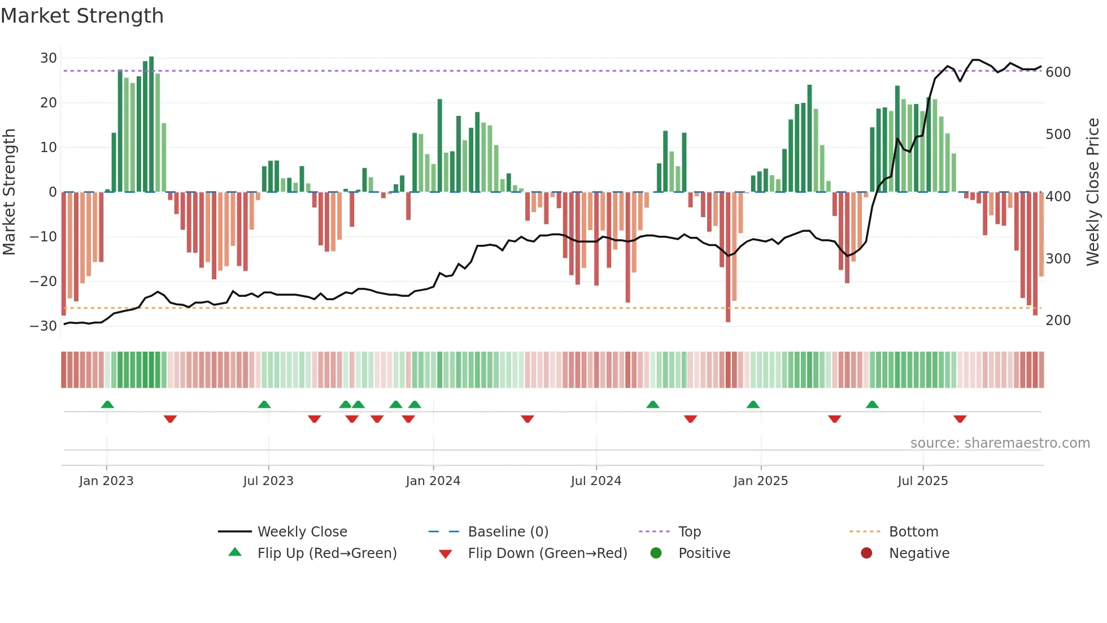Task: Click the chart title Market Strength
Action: tap(82, 16)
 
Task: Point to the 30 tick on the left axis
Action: tap(49, 58)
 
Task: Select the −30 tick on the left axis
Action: tap(43, 326)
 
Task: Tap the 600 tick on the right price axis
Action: tap(1058, 72)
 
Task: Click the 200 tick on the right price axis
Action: tap(1058, 321)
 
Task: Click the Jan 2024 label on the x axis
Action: tap(433, 481)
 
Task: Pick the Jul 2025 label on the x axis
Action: tap(922, 481)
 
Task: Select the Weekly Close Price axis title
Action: tap(1093, 192)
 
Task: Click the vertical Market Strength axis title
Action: tap(9, 192)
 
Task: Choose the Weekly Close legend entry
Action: tap(302, 532)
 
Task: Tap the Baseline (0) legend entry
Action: tap(508, 532)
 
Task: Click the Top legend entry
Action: tap(689, 532)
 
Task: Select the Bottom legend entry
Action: tap(913, 532)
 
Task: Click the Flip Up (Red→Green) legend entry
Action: tap(326, 553)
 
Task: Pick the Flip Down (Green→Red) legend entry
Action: tap(547, 553)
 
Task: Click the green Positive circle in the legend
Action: tap(656, 553)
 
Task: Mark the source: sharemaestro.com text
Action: tap(1000, 443)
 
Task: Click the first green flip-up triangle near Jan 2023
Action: tap(107, 404)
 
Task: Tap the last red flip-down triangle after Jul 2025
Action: tap(960, 419)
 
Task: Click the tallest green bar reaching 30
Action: tap(151, 124)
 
